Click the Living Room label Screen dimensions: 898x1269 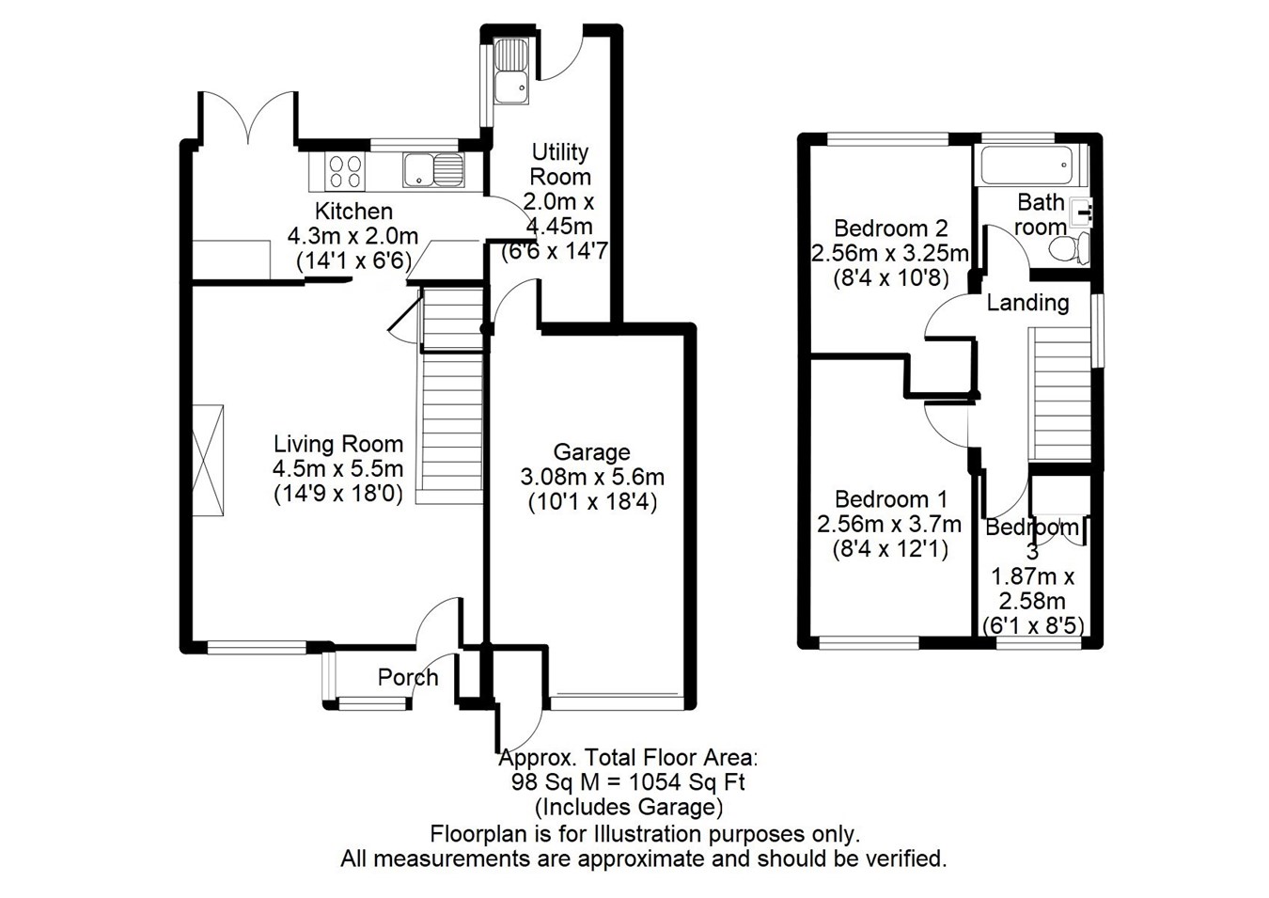point(337,444)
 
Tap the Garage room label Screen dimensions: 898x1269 point(591,452)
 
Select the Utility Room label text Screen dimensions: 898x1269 point(560,165)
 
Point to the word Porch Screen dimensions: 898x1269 point(408,677)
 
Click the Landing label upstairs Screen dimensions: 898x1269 point(1027,303)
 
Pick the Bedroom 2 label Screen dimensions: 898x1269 point(890,228)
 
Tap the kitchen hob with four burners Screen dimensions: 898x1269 point(344,171)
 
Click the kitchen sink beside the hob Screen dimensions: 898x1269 point(433,171)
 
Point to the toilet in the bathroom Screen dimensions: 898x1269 point(1070,248)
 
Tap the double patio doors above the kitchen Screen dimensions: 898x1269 point(247,118)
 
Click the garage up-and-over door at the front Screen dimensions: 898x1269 point(616,701)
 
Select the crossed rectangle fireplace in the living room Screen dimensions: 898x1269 point(208,461)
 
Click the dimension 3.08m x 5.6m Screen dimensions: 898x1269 point(591,477)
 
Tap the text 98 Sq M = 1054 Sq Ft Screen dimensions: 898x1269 point(628,782)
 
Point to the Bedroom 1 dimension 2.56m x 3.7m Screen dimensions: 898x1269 point(889,524)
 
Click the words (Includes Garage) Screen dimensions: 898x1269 point(628,807)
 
